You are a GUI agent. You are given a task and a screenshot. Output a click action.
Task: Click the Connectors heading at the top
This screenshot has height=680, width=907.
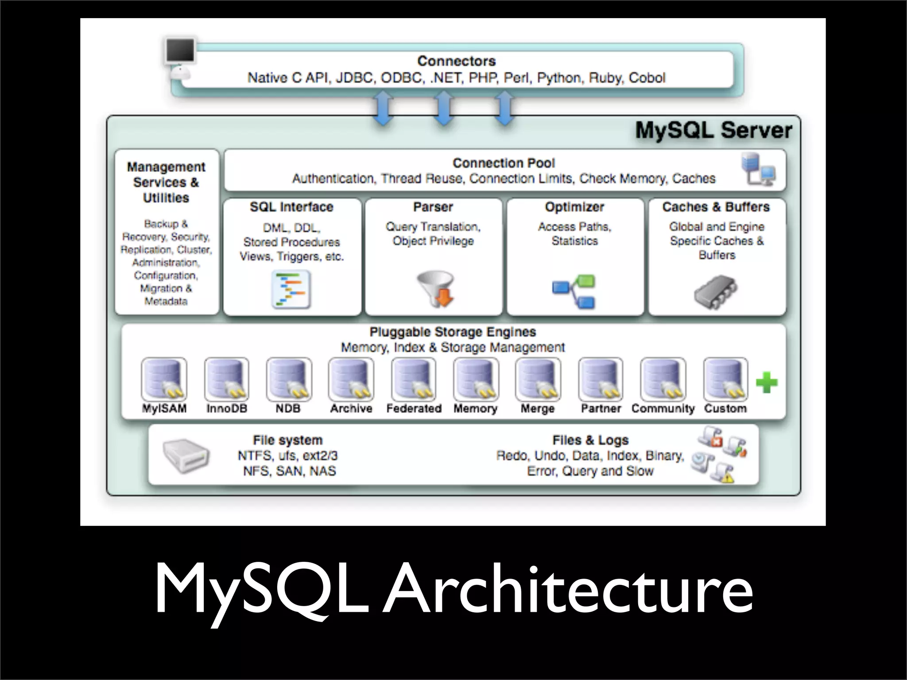[456, 61]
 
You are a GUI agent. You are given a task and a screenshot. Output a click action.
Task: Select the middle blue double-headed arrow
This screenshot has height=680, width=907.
[444, 108]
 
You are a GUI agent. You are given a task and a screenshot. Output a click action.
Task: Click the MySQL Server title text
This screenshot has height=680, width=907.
[713, 131]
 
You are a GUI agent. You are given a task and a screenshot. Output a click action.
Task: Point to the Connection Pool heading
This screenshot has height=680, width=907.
[504, 163]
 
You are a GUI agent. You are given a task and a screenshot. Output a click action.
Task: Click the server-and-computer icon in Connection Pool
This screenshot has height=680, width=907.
[758, 169]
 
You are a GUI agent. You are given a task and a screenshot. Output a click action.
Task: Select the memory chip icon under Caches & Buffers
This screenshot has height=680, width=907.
[716, 291]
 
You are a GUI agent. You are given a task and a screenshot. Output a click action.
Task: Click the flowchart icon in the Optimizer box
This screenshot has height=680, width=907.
[574, 291]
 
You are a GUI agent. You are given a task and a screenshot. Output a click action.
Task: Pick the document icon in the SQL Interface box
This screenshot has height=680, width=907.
[291, 290]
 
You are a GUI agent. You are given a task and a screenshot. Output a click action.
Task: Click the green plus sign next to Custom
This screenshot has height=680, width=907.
[767, 383]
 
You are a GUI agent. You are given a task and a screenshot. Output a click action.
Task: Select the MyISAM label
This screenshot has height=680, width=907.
[164, 409]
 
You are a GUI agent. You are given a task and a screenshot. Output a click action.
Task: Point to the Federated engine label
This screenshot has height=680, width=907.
[414, 409]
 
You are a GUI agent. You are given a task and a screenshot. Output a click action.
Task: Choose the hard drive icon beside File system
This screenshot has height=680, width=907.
[186, 456]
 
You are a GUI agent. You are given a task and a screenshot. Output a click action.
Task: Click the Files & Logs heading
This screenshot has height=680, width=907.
[590, 440]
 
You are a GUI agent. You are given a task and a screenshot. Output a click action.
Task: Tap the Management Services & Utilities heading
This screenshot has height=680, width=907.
[166, 182]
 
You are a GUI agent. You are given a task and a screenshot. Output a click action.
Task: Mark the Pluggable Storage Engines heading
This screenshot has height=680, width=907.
[453, 332]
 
